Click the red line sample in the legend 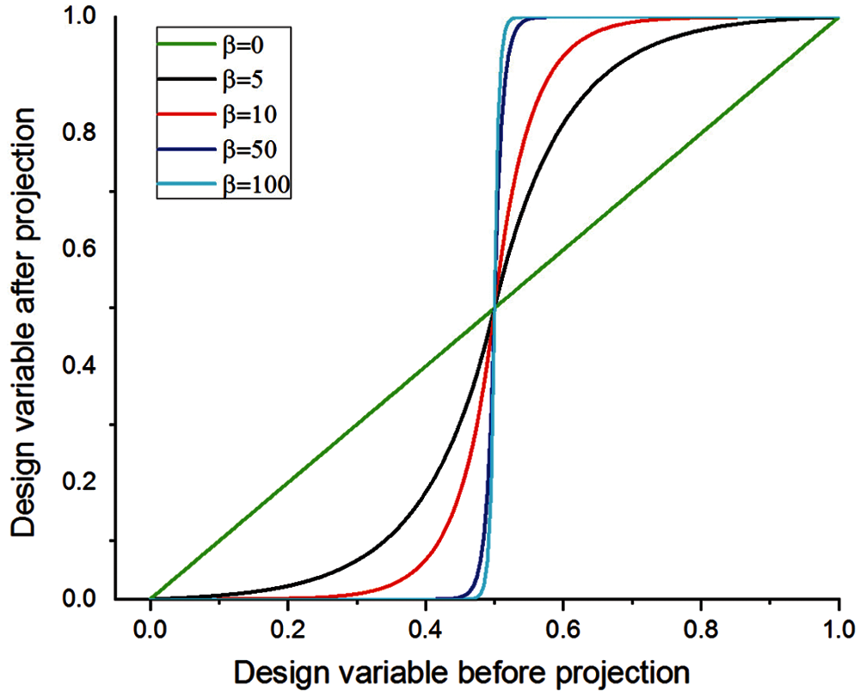[x=184, y=114]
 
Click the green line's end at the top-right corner [x=838, y=18]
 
